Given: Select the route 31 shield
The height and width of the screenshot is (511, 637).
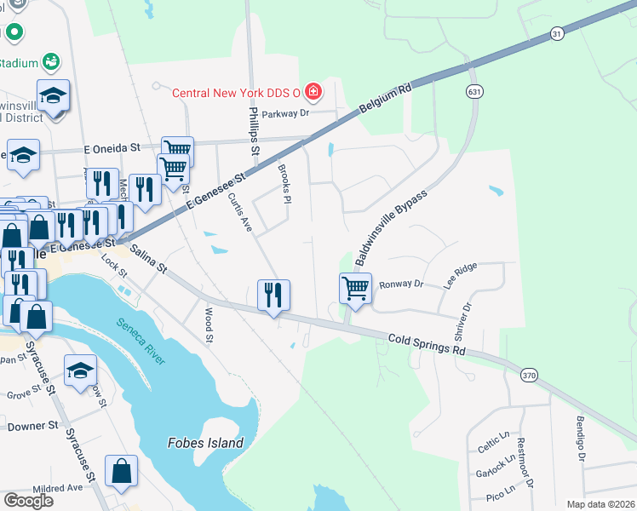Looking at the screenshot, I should (x=556, y=33).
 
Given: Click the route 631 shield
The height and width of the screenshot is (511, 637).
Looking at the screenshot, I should (x=473, y=91).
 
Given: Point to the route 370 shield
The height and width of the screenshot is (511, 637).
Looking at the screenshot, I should (x=528, y=375).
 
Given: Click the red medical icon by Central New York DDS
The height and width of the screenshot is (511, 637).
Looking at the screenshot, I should (x=313, y=91).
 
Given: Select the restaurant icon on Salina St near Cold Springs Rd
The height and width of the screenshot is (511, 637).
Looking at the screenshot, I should (x=273, y=295).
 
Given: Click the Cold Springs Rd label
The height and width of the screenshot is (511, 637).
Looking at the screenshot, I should (x=427, y=344).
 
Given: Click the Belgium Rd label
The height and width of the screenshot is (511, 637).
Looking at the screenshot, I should (x=385, y=99).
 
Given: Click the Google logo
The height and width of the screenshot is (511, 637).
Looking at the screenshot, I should (x=28, y=500).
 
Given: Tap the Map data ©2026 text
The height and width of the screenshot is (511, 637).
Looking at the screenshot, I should (x=600, y=504).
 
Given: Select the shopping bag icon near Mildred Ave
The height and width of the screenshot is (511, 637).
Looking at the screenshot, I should (x=121, y=471).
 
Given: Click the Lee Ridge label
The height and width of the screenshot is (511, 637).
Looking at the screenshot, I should (x=459, y=277).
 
